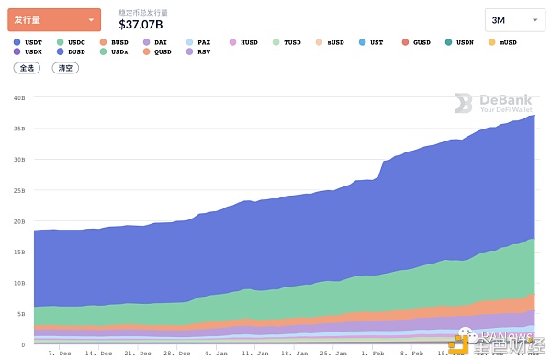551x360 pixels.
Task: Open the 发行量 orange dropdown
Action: [x=54, y=19]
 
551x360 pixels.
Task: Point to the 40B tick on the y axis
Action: [x=19, y=97]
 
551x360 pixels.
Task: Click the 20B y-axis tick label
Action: [x=19, y=221]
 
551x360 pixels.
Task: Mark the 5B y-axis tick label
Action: [x=20, y=314]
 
